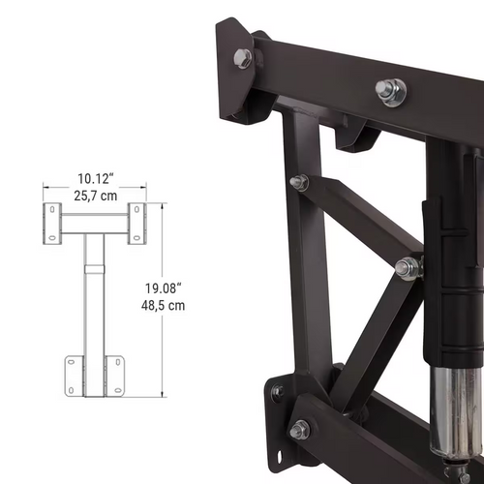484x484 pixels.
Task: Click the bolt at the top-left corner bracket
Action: (x=242, y=58)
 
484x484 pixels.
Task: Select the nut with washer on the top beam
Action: (x=390, y=91)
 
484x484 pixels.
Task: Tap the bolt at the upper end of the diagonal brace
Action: (x=299, y=182)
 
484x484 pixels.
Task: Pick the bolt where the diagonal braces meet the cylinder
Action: (x=408, y=268)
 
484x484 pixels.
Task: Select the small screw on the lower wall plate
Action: (x=278, y=393)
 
